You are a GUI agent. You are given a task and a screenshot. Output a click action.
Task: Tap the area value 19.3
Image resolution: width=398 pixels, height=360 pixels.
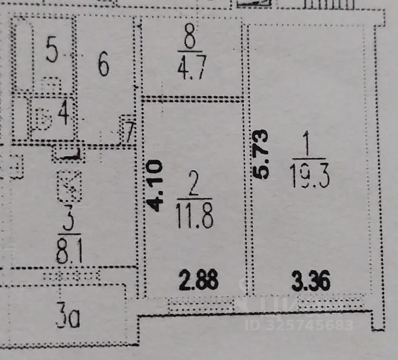[309, 174]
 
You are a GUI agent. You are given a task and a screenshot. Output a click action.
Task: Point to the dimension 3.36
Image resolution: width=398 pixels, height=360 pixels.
[312, 281]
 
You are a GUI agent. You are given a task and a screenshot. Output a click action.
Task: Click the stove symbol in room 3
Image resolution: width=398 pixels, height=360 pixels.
[68, 186]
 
